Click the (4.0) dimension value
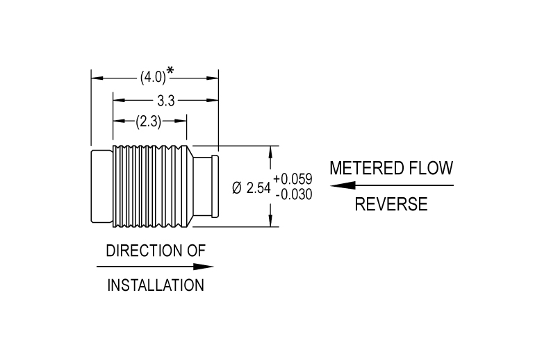tap(153, 77)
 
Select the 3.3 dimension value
tap(166, 101)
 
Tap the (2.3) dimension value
tap(148, 121)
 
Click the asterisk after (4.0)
tap(170, 71)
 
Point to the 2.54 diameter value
tap(258, 188)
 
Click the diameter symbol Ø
tap(237, 188)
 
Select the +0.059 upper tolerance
tap(293, 179)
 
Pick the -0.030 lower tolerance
tap(294, 194)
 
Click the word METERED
tap(367, 168)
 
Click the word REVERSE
tap(391, 204)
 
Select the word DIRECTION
tap(144, 251)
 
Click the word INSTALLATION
tap(156, 285)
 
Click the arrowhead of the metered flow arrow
tap(342, 185)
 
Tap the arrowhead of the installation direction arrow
tap(203, 267)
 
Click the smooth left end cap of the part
tap(102, 187)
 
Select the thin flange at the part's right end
tap(215, 187)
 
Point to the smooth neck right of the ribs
tap(202, 187)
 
